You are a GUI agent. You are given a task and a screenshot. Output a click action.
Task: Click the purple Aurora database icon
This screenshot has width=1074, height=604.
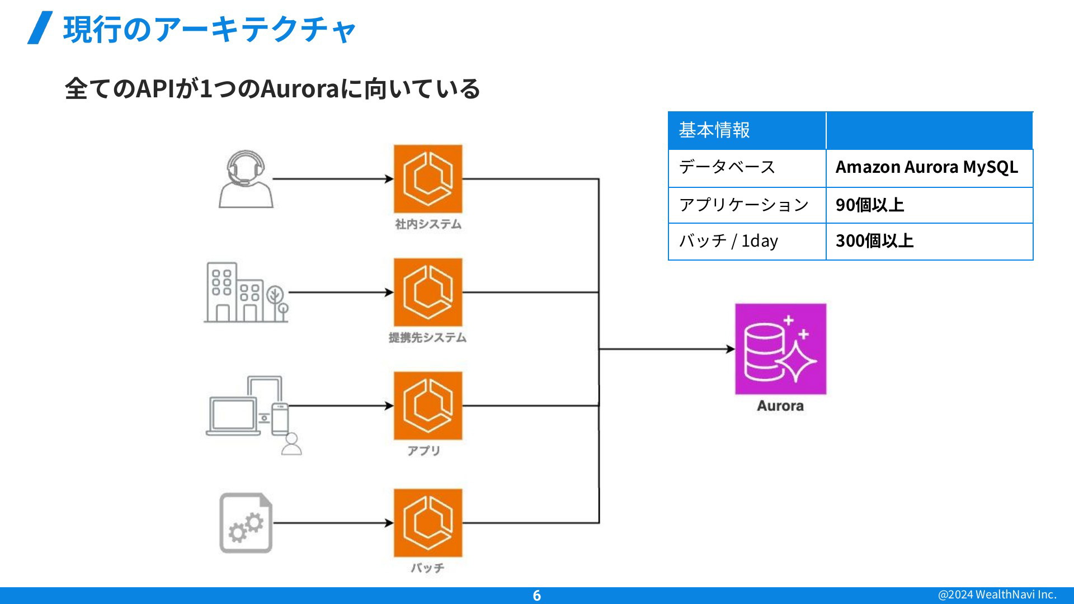coord(780,349)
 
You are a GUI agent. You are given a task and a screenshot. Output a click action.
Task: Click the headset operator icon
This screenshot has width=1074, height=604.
coord(246,179)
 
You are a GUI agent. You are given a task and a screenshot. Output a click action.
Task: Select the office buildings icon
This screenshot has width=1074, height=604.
coord(246,292)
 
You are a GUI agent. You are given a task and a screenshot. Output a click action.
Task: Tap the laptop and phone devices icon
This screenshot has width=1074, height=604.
coord(253,415)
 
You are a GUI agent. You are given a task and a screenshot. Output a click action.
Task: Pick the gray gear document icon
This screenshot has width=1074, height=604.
coord(246,523)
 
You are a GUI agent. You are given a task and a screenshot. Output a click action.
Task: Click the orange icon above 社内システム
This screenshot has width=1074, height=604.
coord(428,179)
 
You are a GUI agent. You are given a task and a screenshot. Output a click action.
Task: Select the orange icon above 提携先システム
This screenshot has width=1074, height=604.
coord(428,292)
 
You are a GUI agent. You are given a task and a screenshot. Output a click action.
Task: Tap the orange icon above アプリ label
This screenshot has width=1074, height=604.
coord(428,406)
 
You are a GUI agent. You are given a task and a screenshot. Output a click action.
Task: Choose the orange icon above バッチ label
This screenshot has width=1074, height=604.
coord(428,523)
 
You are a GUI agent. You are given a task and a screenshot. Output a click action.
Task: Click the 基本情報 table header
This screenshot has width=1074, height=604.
coord(714,130)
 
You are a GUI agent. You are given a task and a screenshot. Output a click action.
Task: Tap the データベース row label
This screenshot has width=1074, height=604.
coord(727,167)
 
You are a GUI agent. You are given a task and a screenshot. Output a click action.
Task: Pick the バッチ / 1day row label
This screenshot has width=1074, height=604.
coord(728,240)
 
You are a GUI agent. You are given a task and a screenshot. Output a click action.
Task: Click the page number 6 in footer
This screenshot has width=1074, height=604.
coord(537,596)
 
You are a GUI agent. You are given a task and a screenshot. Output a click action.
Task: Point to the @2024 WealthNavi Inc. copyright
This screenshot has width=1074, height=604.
coord(997,594)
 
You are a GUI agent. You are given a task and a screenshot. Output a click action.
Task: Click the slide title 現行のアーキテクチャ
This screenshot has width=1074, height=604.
coord(210,29)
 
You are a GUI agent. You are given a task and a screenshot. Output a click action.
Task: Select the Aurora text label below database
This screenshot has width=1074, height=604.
coord(780,406)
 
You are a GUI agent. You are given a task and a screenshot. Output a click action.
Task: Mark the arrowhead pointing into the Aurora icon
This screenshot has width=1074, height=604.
coord(731,349)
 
